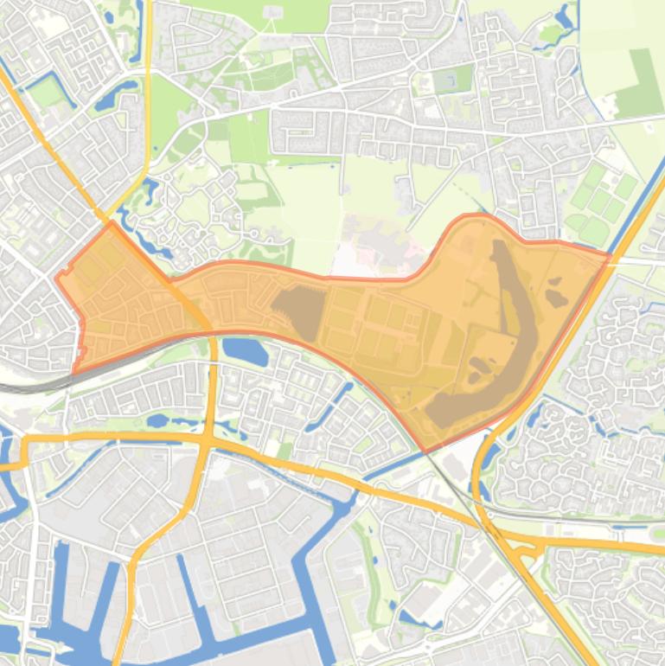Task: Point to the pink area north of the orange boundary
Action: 380,251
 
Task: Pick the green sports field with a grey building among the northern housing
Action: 452,80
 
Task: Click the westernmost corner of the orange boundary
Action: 57,278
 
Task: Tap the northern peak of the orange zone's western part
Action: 112,223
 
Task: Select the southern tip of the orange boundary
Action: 425,451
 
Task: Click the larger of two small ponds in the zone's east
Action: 555,298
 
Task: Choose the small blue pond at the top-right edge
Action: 566,16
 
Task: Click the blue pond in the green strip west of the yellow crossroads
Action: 157,421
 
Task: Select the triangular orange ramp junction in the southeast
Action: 527,544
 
